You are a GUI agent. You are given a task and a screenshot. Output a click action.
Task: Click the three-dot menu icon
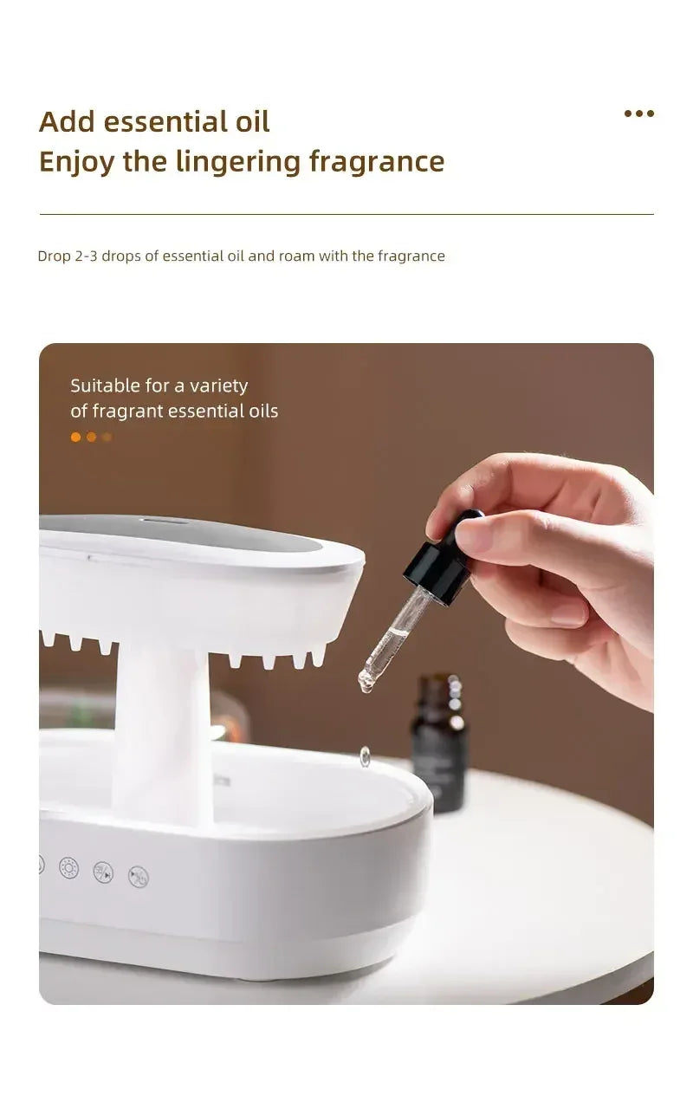638,113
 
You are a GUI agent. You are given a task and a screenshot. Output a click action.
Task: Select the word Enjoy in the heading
76,162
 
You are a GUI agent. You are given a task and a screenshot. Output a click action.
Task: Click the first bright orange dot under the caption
75,438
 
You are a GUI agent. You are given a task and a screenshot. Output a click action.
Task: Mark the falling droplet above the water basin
366,756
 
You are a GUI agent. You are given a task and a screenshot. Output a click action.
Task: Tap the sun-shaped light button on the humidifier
68,867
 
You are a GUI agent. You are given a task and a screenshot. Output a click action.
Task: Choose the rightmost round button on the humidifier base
139,877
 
